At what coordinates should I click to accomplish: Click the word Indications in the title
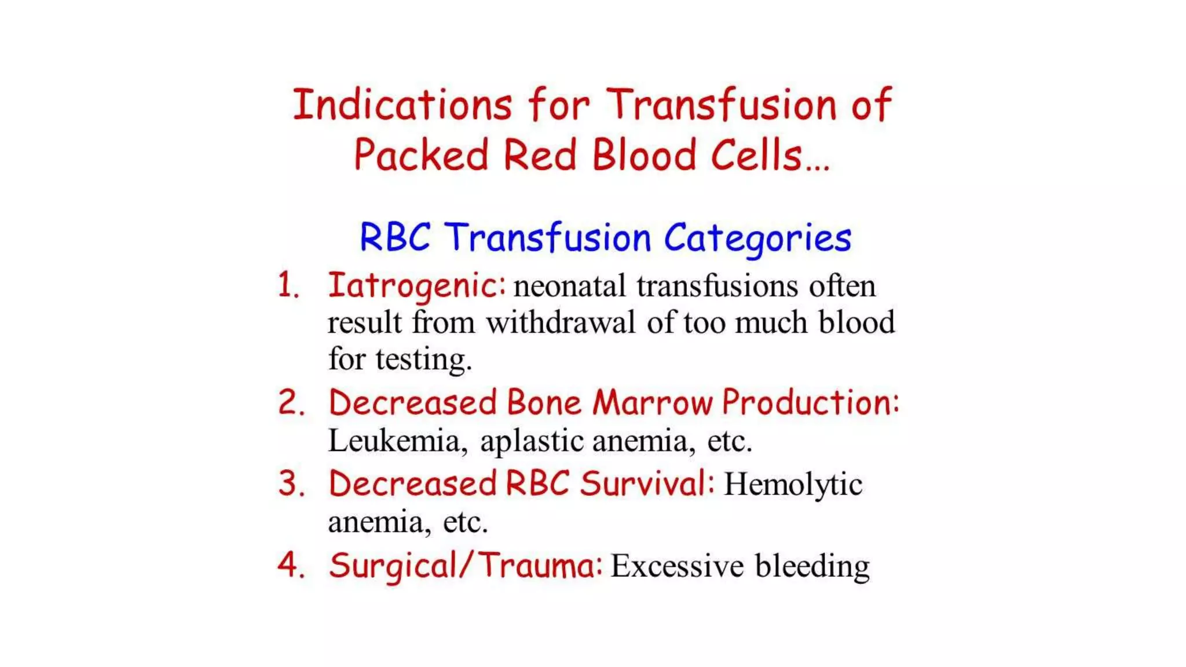coord(402,105)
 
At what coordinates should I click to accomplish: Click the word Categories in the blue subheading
coord(757,239)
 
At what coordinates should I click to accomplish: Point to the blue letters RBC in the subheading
coord(395,237)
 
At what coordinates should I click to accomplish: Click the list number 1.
coord(288,286)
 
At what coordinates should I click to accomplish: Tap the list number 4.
coord(290,565)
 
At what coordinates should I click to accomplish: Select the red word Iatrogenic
coord(416,286)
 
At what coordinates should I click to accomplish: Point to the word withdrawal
coord(561,322)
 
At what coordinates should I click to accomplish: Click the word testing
coord(423,360)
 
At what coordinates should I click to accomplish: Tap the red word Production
coord(810,402)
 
